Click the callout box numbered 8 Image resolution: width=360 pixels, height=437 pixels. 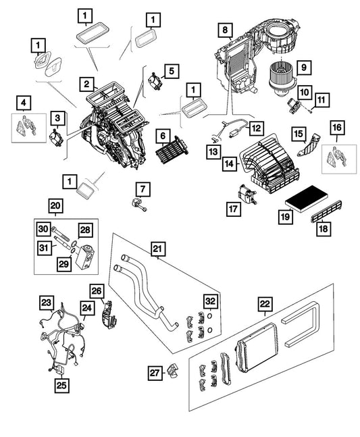tap(224, 30)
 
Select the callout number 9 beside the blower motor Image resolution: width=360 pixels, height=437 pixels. tap(304, 68)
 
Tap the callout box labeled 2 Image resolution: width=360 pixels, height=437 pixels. tap(86, 84)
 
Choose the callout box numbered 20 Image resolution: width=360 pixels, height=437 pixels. tap(55, 206)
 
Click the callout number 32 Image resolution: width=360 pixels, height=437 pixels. tap(210, 301)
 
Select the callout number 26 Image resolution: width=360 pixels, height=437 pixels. tap(97, 292)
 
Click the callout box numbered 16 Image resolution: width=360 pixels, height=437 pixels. tap(337, 128)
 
